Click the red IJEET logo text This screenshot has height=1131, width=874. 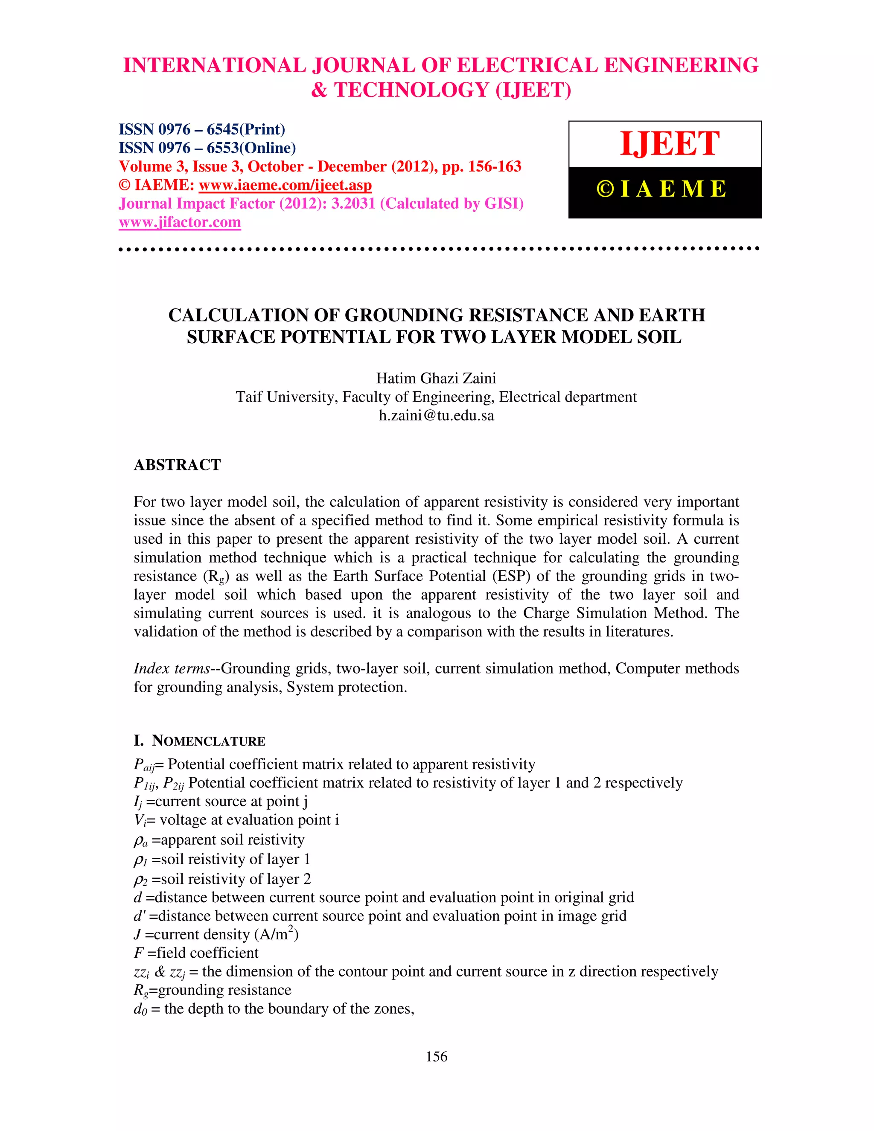[670, 143]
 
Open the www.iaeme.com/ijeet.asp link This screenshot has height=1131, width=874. [286, 185]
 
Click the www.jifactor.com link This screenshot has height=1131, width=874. [180, 222]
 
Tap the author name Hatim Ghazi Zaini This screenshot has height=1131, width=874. [436, 378]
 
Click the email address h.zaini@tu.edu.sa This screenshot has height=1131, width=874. [436, 415]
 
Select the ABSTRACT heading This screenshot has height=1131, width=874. [177, 465]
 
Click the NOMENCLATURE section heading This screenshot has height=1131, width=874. [208, 741]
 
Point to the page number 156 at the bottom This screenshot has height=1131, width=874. [437, 1056]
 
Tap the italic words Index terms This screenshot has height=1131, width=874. [172, 668]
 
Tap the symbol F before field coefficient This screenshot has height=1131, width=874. [138, 953]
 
